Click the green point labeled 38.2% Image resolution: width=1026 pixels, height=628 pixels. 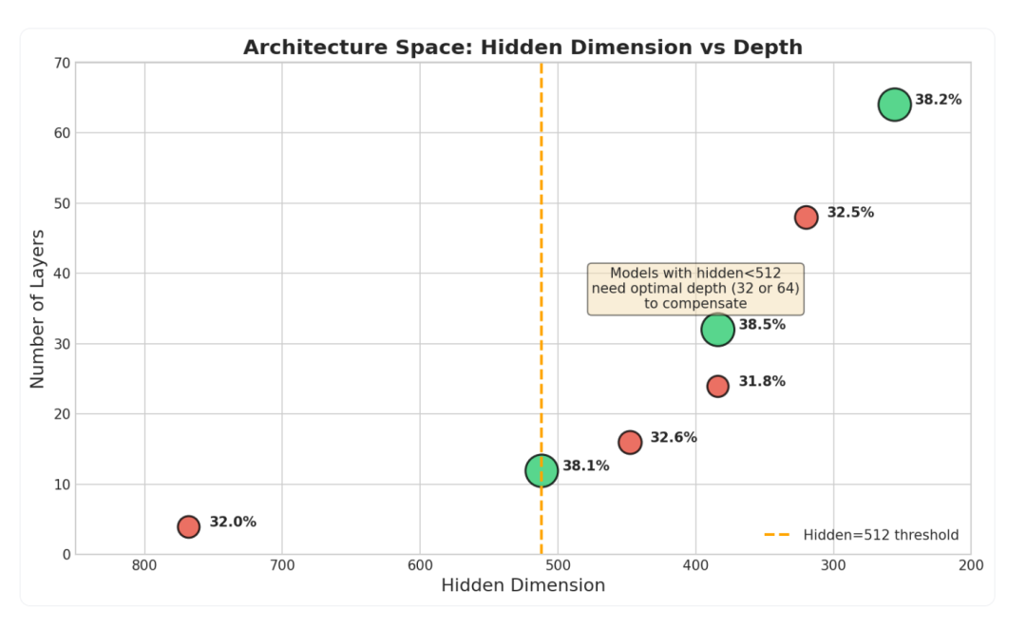(894, 105)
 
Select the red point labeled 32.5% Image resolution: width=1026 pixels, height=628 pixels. (806, 218)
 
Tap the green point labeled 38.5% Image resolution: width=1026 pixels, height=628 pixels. (717, 330)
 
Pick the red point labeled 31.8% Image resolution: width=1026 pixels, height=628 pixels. (717, 386)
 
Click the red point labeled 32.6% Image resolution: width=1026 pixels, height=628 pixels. (630, 442)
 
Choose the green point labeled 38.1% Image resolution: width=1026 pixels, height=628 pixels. (541, 470)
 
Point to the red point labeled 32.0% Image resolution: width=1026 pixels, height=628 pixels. (188, 526)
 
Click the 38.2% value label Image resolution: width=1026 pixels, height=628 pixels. (938, 100)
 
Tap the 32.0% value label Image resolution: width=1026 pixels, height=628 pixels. (233, 522)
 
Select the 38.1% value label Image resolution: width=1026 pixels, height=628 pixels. (585, 466)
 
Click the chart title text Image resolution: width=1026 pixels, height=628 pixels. (522, 48)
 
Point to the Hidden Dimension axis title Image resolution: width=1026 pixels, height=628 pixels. (522, 585)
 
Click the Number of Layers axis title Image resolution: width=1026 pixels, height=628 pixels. (38, 308)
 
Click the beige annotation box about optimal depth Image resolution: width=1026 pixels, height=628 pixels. (695, 288)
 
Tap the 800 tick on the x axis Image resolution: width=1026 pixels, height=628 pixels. (144, 565)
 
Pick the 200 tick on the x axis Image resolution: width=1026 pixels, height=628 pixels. (971, 565)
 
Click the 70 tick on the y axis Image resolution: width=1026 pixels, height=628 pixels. (63, 63)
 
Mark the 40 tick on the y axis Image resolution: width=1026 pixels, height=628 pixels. (63, 274)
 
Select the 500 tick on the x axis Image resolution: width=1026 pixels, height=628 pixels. (558, 565)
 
